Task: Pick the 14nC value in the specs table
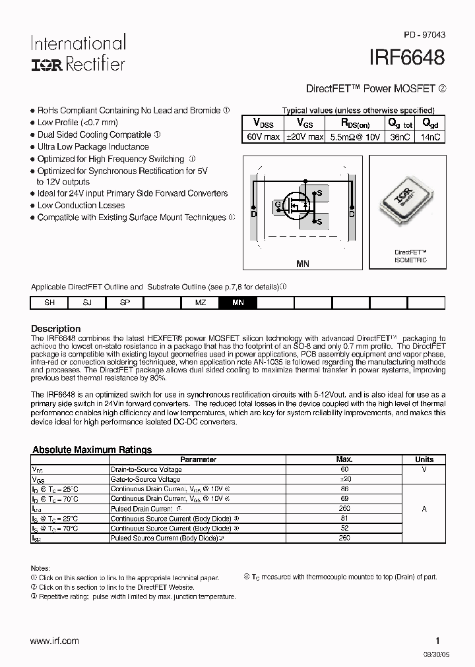tap(430, 137)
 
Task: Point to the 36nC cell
tap(400, 137)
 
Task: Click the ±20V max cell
tap(304, 137)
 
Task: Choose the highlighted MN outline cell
tap(237, 303)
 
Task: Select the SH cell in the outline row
tap(49, 303)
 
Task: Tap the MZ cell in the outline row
tap(200, 303)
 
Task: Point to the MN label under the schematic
tap(302, 264)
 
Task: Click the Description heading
tap(56, 329)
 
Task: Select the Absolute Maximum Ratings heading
tap(92, 449)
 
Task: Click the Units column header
tap(424, 459)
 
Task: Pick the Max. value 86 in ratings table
tap(344, 489)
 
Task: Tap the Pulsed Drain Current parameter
tap(141, 509)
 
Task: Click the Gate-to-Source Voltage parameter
tap(145, 479)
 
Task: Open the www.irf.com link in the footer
tap(55, 641)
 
